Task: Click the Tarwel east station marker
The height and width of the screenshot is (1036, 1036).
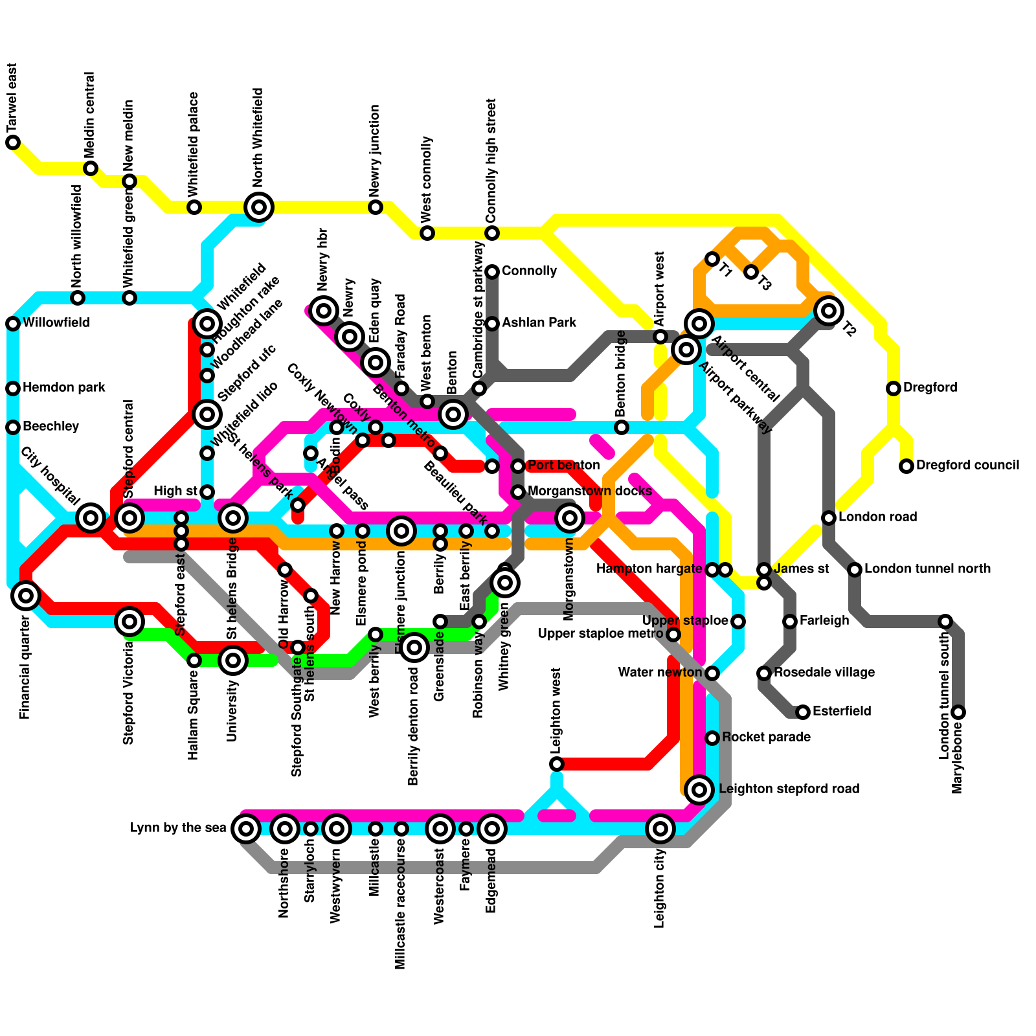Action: (x=13, y=142)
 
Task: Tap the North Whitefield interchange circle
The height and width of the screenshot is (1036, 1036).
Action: (x=259, y=207)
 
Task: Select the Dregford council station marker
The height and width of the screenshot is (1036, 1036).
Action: (x=906, y=466)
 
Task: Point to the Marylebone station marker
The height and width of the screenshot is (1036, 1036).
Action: (x=958, y=712)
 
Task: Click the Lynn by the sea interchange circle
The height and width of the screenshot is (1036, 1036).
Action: (x=246, y=828)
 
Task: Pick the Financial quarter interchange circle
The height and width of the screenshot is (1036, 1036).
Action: (x=26, y=596)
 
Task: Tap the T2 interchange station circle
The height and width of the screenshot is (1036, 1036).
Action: (x=829, y=311)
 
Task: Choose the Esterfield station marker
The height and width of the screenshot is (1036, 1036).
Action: (x=803, y=712)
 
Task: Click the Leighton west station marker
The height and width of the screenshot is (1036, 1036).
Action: (x=557, y=764)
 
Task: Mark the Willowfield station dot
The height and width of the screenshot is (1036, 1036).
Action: (x=13, y=324)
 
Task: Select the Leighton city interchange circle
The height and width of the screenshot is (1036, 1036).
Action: (x=660, y=828)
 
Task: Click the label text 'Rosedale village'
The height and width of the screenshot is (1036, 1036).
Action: (x=824, y=673)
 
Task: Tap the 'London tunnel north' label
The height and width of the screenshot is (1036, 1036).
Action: (x=927, y=569)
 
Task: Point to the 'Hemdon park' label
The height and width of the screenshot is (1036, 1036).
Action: (x=64, y=388)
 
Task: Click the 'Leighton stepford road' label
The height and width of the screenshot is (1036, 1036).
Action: (x=789, y=789)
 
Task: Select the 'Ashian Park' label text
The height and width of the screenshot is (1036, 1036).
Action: (x=539, y=323)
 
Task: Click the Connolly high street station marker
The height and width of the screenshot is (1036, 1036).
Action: (x=492, y=233)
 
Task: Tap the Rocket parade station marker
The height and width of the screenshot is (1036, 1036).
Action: (x=712, y=738)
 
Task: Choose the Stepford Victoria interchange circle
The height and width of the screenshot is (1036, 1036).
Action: (x=129, y=622)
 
